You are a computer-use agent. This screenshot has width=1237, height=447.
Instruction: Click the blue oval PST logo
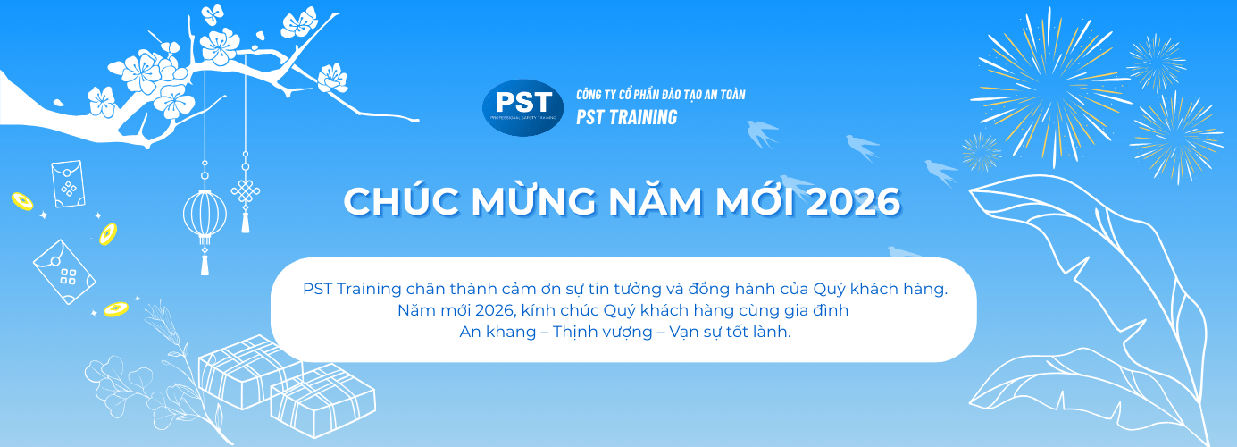[x=522, y=107]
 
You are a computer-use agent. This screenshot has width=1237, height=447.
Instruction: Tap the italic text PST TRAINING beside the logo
[x=626, y=117]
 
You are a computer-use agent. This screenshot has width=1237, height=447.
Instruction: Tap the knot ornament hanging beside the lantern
[x=245, y=191]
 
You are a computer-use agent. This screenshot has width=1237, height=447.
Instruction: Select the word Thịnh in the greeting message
[x=579, y=332]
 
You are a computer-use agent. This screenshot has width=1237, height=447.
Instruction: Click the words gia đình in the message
[x=816, y=310]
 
